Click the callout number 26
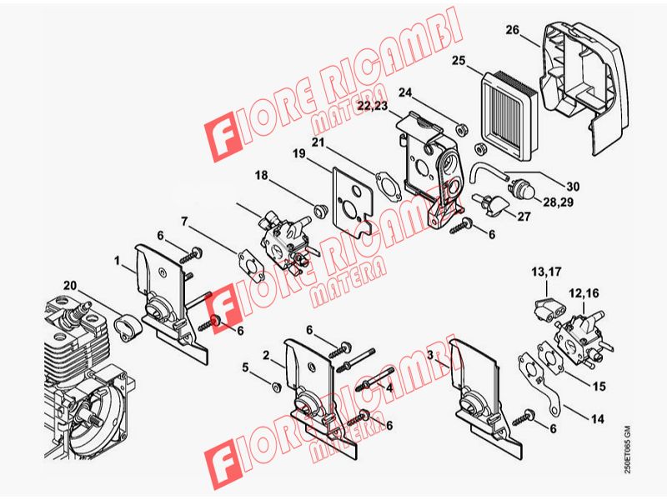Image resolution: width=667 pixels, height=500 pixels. (x=513, y=30)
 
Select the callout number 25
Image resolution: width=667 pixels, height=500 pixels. (x=459, y=61)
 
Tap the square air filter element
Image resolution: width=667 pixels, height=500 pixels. (x=509, y=115)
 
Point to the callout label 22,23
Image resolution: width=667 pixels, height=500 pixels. (x=373, y=106)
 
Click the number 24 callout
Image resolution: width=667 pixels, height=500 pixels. (x=405, y=92)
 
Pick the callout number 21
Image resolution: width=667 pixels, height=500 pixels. (x=318, y=142)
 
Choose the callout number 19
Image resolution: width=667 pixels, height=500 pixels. (x=298, y=153)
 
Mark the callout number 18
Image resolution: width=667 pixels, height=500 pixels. (x=261, y=175)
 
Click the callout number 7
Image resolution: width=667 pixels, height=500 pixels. (x=184, y=221)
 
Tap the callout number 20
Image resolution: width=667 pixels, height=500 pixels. (x=70, y=285)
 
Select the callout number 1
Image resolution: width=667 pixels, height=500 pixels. (x=118, y=260)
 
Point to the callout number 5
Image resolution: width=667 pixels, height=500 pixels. (x=245, y=367)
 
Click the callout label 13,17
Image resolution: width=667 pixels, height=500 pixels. (x=546, y=272)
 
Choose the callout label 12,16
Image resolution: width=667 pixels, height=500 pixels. (x=584, y=293)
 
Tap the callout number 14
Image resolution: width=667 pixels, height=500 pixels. (x=598, y=419)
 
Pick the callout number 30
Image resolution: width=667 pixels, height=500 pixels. (x=573, y=186)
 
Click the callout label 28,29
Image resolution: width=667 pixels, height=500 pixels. (x=558, y=202)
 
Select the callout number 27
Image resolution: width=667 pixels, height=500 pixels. (x=524, y=217)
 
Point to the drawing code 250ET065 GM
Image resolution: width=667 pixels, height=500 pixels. (x=627, y=449)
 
